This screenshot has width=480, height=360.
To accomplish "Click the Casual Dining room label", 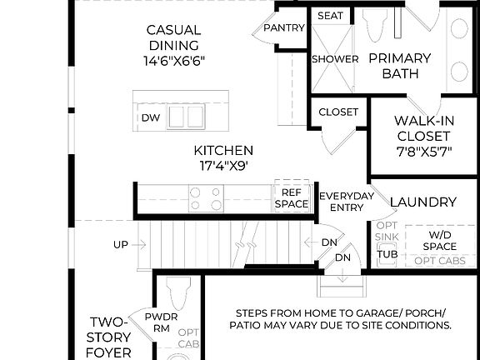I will [x=174, y=37].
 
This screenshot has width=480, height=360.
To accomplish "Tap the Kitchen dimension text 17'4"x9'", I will [x=222, y=166].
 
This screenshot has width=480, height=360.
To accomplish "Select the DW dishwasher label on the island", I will [x=150, y=117].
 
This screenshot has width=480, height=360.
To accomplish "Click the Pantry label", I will [x=284, y=27].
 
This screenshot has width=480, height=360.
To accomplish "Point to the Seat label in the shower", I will [x=331, y=16].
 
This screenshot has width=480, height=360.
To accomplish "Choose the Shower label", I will [x=335, y=59].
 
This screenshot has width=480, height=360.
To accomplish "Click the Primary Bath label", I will [x=400, y=66].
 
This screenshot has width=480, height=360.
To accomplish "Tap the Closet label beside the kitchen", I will [x=338, y=112].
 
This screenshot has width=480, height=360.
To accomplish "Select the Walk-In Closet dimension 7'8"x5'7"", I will [x=423, y=152].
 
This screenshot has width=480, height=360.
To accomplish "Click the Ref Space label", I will [x=292, y=197].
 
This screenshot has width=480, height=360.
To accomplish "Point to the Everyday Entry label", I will [x=347, y=202].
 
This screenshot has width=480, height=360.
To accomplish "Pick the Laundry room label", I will [x=423, y=202].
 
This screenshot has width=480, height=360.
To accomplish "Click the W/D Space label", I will [x=439, y=240].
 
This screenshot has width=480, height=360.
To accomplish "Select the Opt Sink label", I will [x=387, y=232].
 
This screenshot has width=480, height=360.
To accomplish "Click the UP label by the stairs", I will [x=122, y=245].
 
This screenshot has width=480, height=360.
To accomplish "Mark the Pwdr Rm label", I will [x=162, y=322].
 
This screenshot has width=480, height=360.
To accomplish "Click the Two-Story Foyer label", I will [x=110, y=337].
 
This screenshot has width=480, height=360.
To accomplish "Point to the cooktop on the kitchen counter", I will [x=207, y=198].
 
